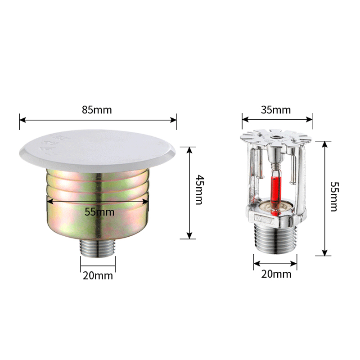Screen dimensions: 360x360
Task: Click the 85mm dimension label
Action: click(97, 110)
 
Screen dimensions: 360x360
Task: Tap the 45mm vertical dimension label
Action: click(198, 189)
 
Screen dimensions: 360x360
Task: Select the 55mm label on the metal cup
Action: click(99, 211)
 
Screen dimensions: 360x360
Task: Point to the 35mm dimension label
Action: click(276, 110)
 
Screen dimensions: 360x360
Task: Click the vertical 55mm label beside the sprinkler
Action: click(334, 196)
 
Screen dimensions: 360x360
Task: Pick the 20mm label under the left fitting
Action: click(98, 275)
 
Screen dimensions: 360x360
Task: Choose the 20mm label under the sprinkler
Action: click(276, 274)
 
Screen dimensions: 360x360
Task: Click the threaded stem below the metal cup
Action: click(98, 248)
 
